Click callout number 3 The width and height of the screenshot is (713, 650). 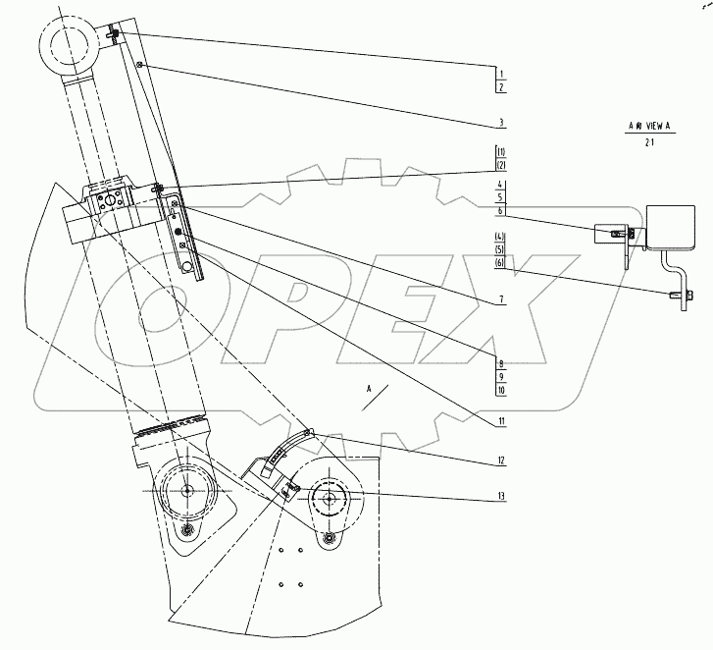[500, 123]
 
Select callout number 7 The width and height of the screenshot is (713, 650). [500, 298]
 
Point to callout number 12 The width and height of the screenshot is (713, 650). [500, 460]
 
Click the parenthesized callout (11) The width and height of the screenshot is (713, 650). [500, 152]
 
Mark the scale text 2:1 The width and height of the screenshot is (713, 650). [648, 142]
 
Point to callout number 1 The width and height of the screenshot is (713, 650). [500, 75]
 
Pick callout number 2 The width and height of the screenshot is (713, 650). [500, 88]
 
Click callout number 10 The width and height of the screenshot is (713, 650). [500, 390]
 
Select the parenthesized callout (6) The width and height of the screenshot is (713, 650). [500, 263]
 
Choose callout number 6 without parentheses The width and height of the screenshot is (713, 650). [500, 211]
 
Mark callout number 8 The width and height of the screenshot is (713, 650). [500, 361]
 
